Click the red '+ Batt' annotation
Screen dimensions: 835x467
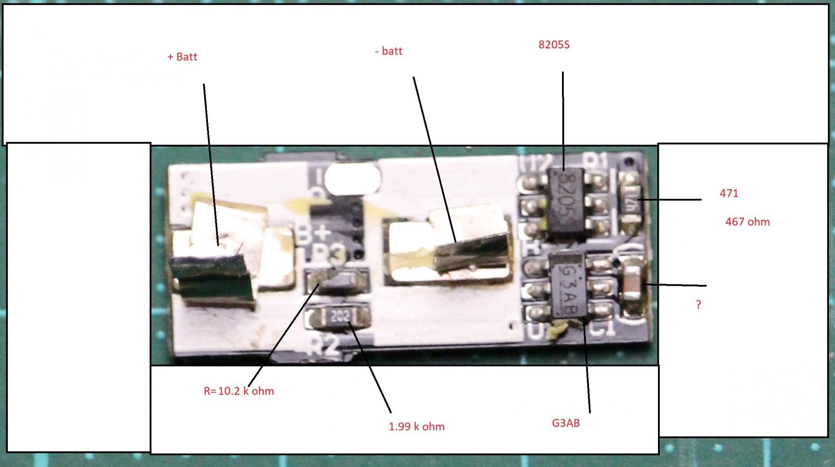(182, 57)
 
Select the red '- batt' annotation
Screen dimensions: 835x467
(388, 51)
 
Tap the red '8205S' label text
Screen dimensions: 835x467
(554, 45)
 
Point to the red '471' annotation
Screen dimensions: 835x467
(729, 193)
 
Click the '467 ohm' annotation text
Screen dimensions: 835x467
(747, 222)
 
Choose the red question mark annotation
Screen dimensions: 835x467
(698, 305)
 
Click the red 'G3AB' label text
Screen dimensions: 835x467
(566, 423)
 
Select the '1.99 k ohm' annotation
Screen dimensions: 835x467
(416, 427)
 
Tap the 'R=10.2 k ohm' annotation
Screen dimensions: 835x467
(239, 391)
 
